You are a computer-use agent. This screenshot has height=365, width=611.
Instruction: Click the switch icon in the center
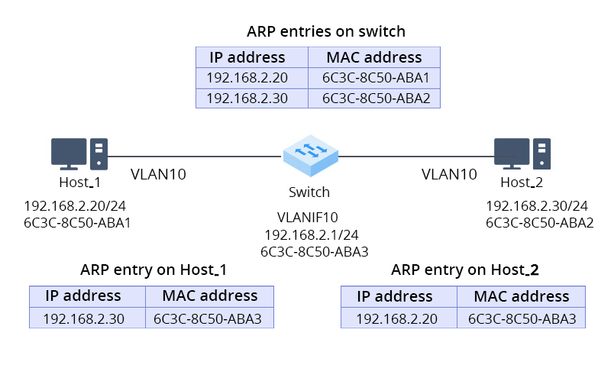(x=310, y=157)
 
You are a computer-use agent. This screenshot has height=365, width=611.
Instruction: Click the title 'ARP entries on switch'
(x=326, y=32)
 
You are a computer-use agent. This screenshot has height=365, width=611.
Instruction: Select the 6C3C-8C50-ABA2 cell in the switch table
(x=374, y=98)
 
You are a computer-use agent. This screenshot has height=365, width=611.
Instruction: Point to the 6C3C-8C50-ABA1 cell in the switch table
(x=374, y=78)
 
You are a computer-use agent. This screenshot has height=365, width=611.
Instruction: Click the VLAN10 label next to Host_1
(x=158, y=174)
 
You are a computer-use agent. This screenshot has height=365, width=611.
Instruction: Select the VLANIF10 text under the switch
(x=310, y=218)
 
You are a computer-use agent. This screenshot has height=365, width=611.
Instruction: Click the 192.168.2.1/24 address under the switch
(x=310, y=234)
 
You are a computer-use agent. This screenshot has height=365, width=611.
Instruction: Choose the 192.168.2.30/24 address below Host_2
(x=537, y=206)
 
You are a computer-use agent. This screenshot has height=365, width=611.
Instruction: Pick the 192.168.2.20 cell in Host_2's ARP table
(x=398, y=318)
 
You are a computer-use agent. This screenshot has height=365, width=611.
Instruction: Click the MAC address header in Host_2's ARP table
(x=522, y=296)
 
